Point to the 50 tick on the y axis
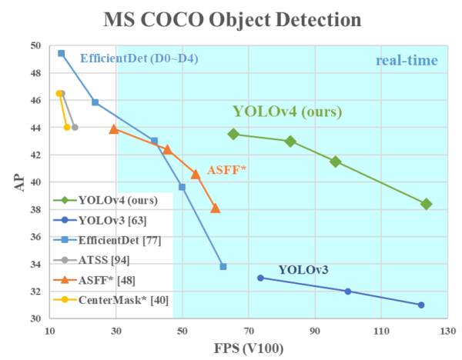point(37,46)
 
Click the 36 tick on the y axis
point(37,237)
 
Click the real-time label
point(407,61)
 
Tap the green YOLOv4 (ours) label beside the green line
point(287,112)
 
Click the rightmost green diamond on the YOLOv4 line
point(427,204)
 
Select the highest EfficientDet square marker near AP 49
point(61,53)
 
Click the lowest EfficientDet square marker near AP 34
point(223,266)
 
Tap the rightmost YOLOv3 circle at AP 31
point(421,305)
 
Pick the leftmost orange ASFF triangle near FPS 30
point(114,129)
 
